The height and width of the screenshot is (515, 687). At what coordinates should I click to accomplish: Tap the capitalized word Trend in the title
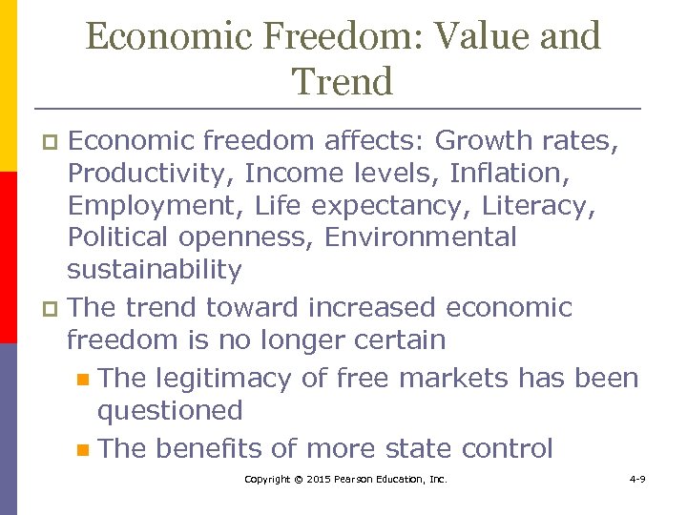click(343, 82)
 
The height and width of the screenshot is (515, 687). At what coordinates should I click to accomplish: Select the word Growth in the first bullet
click(488, 141)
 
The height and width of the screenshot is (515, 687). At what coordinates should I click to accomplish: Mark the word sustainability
click(154, 270)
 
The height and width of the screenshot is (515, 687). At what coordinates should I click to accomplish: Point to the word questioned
click(170, 411)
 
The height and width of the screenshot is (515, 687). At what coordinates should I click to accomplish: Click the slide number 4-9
click(637, 479)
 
